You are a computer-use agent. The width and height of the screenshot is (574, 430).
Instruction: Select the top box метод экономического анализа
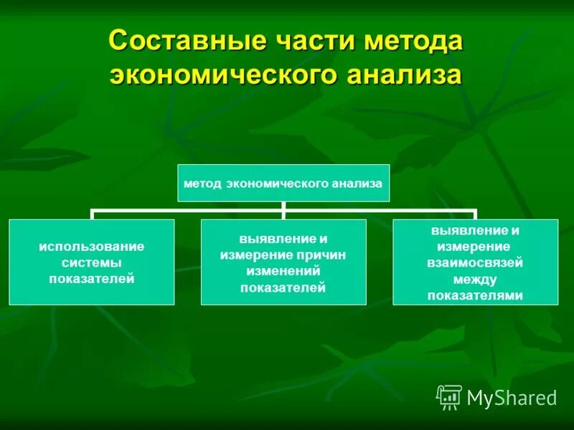coord(283,183)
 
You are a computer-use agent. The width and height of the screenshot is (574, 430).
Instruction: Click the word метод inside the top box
coord(204,183)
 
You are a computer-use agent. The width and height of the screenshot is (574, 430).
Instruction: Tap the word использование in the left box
coord(92,247)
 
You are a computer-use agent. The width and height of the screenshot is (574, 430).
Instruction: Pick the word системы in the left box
coord(92,262)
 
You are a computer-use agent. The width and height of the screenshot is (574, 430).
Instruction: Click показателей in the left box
coord(92,278)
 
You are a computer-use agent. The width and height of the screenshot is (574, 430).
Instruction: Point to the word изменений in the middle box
coord(283,272)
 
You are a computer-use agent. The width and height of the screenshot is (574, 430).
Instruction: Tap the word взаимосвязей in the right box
coord(475,263)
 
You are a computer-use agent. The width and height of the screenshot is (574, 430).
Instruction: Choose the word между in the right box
coord(475,279)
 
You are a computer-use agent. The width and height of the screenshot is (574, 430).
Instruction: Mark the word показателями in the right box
coord(475,295)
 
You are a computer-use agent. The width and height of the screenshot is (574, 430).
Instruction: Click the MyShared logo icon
coord(449,397)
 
